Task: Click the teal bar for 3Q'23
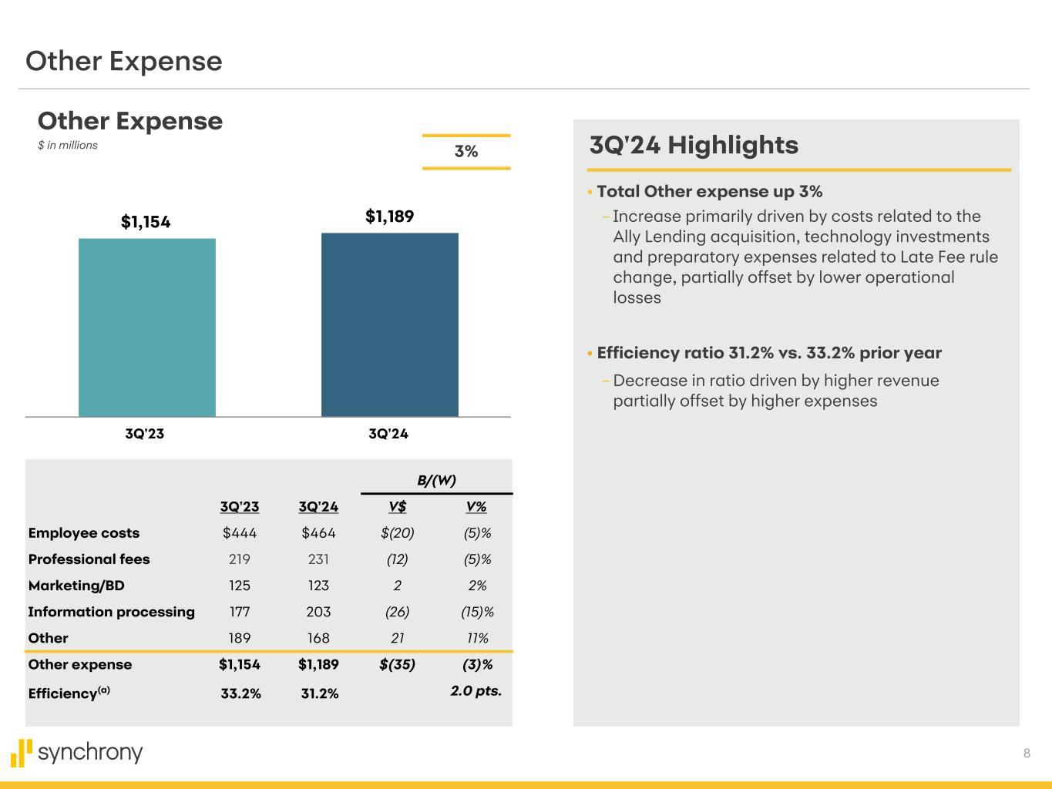point(146,327)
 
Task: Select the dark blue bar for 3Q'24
point(389,324)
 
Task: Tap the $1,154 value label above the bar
point(146,222)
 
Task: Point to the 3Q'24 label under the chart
point(388,434)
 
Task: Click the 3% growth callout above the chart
point(466,152)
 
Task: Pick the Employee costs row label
point(84,533)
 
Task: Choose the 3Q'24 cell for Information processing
point(318,612)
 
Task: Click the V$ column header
point(398,507)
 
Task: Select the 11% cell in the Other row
point(478,638)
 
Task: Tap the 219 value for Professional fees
point(240,559)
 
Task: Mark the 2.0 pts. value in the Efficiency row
point(476,691)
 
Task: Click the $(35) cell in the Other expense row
point(398,664)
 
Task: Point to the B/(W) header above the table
point(437,481)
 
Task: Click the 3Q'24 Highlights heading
point(694,145)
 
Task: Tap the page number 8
point(1027,754)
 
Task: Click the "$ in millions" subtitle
point(68,146)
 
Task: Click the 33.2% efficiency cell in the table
point(240,693)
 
